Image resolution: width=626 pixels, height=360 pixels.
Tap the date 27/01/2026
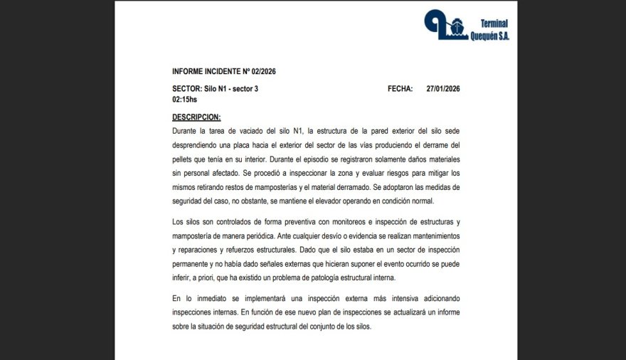click(x=443, y=89)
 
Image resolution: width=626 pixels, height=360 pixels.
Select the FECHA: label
click(x=400, y=89)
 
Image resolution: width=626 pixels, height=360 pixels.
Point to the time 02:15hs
click(x=185, y=100)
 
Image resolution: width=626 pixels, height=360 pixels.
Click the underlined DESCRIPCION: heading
click(x=196, y=117)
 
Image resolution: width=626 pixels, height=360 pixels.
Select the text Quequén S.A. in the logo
click(x=489, y=36)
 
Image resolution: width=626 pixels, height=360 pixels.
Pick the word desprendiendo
click(x=198, y=144)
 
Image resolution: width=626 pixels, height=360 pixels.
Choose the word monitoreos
click(x=324, y=222)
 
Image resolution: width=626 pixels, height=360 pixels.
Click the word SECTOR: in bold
click(x=187, y=89)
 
